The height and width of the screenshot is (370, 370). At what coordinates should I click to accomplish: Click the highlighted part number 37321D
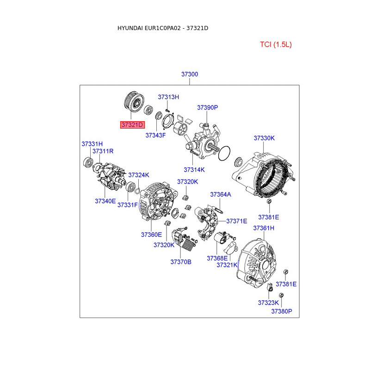(132, 125)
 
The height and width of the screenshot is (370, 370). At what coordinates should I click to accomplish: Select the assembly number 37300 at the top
(190, 74)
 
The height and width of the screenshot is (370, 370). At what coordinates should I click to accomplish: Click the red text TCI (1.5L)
(276, 44)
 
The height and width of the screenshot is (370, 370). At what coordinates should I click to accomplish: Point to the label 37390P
(207, 107)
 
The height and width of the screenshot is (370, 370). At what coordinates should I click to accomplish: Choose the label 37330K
(264, 138)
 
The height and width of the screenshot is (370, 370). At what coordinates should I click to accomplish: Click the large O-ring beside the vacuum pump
(224, 153)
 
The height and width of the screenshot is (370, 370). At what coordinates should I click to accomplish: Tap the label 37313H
(168, 97)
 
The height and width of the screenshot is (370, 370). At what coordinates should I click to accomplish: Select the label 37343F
(155, 135)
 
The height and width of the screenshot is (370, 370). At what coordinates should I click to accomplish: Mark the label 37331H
(92, 144)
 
